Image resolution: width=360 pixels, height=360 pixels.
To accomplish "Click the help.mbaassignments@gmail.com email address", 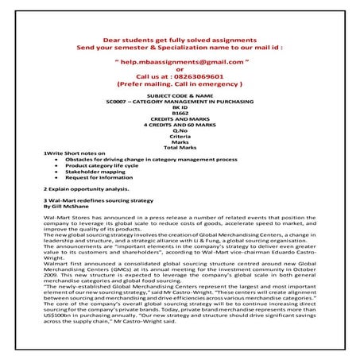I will click(x=180, y=60).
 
